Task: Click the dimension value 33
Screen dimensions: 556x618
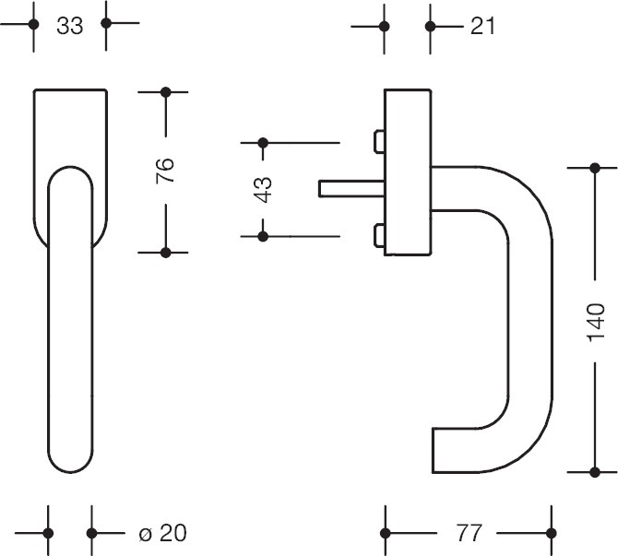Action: [x=69, y=27]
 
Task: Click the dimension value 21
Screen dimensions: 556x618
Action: [x=482, y=27]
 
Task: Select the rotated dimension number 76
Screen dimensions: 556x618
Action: [x=165, y=172]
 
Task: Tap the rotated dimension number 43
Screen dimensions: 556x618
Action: [x=263, y=189]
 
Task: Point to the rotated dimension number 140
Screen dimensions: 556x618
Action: [x=595, y=316]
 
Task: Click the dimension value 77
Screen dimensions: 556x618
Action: [x=469, y=533]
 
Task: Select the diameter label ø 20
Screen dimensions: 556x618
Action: [x=161, y=533]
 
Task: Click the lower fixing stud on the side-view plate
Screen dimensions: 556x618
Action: [x=378, y=237]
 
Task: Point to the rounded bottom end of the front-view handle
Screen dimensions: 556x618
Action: [x=70, y=461]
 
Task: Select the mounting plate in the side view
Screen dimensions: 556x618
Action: [x=407, y=172]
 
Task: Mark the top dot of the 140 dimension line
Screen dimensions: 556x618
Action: [x=591, y=167]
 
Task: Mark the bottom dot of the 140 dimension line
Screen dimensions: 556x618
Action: [x=591, y=471]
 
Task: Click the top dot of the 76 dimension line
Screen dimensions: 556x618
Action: [x=166, y=92]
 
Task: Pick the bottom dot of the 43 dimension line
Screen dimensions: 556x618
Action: [x=263, y=237]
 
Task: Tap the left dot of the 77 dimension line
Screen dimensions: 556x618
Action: [x=386, y=533]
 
